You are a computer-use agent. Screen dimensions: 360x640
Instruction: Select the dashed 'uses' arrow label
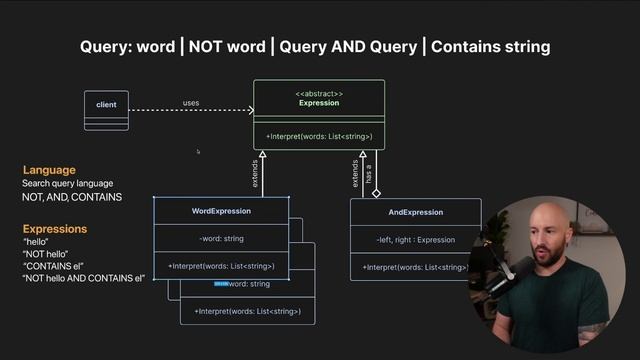190,103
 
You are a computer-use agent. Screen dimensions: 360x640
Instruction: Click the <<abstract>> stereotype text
318,93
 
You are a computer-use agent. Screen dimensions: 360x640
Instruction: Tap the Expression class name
318,103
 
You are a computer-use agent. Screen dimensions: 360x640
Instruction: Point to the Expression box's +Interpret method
318,136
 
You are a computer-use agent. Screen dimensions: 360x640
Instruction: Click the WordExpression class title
221,211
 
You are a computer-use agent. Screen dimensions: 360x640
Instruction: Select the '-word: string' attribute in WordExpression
221,239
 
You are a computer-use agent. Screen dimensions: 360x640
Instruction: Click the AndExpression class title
415,212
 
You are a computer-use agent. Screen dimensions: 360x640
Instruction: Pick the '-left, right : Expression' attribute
415,240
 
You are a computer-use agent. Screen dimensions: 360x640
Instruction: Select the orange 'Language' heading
49,170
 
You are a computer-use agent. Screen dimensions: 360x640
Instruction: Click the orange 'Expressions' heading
55,229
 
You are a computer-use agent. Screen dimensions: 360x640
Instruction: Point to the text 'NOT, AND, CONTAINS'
72,197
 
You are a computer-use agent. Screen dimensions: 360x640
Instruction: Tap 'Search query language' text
67,183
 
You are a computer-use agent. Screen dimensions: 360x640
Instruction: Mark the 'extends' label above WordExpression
255,174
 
